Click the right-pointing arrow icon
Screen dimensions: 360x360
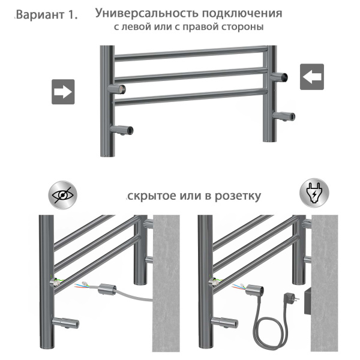click(x=63, y=92)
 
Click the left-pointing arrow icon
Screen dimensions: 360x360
click(x=312, y=77)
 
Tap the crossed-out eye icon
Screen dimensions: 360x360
click(x=62, y=195)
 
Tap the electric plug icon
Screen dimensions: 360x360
click(x=314, y=193)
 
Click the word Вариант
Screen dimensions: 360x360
click(x=41, y=14)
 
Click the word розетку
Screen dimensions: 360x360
click(x=238, y=196)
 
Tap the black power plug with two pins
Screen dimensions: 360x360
click(x=292, y=298)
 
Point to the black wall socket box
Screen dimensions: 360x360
click(x=308, y=301)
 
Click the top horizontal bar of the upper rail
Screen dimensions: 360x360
click(x=191, y=53)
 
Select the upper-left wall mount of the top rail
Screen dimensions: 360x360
click(x=117, y=88)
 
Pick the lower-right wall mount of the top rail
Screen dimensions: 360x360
click(x=284, y=116)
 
